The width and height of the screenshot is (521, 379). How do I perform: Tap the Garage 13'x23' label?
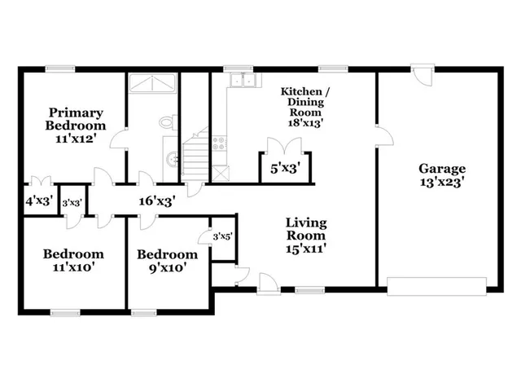(x=442, y=176)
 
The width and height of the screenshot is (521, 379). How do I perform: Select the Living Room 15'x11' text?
(x=306, y=230)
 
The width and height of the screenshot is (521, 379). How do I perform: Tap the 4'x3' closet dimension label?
(x=38, y=200)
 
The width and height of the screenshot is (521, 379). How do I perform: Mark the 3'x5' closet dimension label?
(x=222, y=236)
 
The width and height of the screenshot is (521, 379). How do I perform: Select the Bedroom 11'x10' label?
(x=73, y=261)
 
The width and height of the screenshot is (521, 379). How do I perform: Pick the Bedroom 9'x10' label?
(x=167, y=261)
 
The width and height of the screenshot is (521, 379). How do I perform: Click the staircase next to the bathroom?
(x=195, y=159)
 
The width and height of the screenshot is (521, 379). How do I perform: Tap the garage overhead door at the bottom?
(x=436, y=284)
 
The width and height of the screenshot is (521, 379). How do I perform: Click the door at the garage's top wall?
(x=422, y=76)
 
